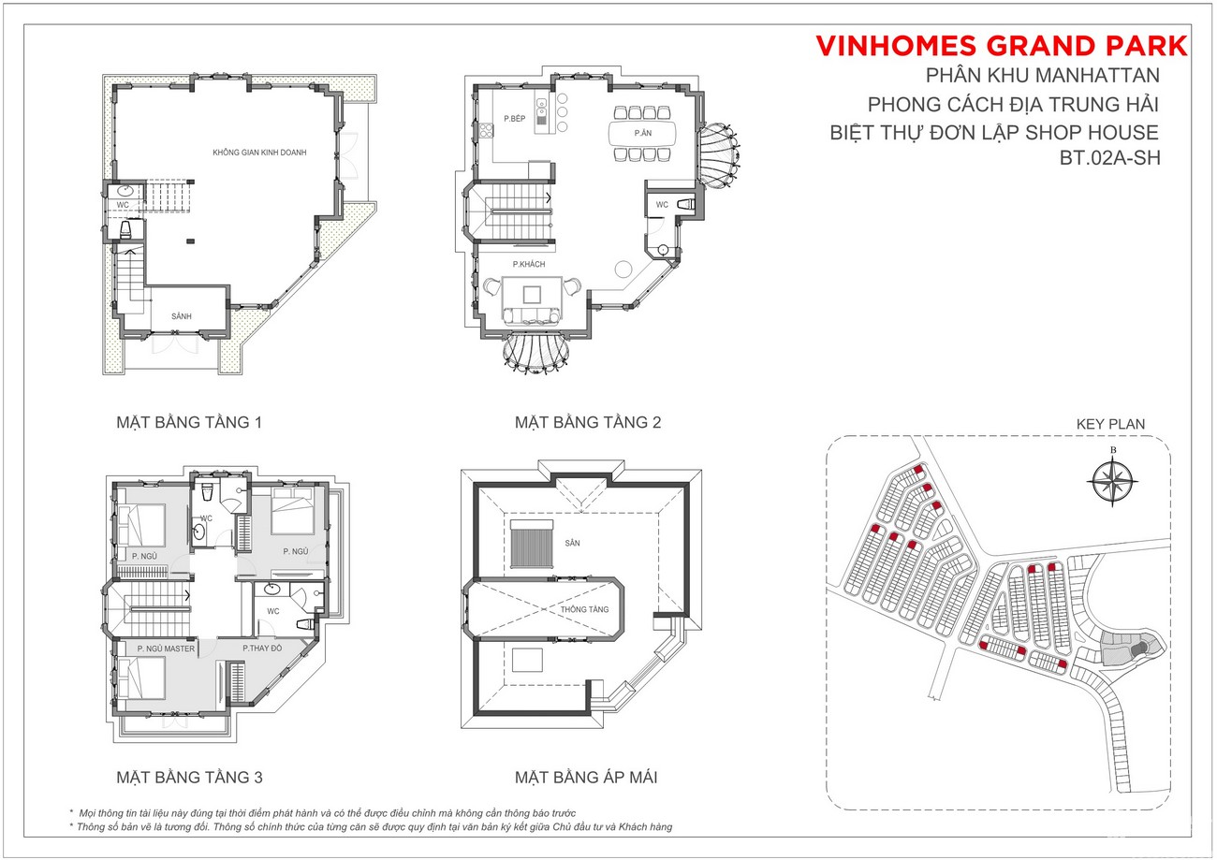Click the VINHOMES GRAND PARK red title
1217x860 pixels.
point(1002,46)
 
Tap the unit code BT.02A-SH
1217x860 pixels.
point(1110,158)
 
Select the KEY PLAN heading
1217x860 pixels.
point(1110,424)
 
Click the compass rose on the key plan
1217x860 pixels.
point(1113,481)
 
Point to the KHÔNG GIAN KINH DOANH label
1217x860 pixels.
point(259,153)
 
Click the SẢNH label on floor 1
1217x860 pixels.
point(182,316)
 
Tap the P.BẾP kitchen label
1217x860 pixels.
point(515,118)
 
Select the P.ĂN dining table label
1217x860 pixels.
point(643,133)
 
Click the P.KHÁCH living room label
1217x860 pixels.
point(529,265)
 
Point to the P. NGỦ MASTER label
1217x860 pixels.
point(166,649)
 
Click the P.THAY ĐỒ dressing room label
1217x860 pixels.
point(262,648)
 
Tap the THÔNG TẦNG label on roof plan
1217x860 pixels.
point(584,609)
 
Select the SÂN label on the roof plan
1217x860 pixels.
point(572,543)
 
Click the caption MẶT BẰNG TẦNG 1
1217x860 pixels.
point(189,422)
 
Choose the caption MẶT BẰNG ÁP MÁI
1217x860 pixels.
point(586,778)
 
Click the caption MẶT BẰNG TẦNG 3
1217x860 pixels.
point(190,778)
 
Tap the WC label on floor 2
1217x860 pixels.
point(662,205)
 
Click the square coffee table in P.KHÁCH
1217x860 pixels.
point(532,295)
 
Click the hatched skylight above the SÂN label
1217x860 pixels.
point(532,545)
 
